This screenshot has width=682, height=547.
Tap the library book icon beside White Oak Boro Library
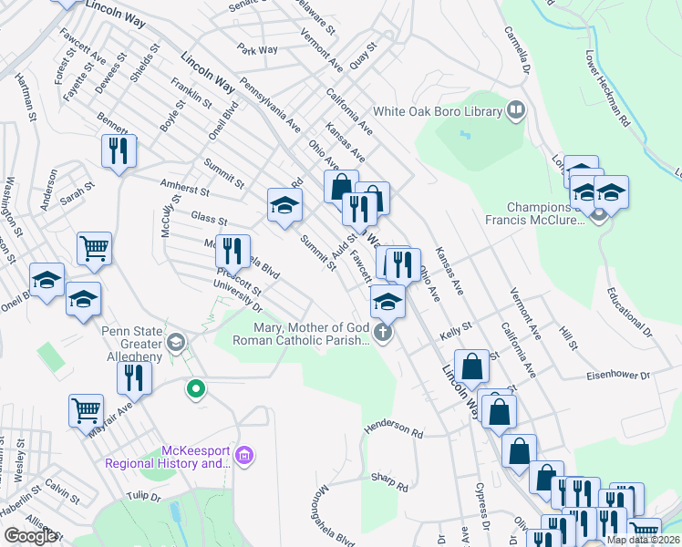click(x=516, y=111)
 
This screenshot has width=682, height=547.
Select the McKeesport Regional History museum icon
click(x=243, y=455)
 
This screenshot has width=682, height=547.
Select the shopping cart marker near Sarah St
click(x=94, y=247)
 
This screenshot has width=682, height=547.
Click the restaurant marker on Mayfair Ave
click(x=134, y=376)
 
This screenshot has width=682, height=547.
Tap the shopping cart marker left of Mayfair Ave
click(x=86, y=409)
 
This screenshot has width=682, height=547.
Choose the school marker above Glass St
click(x=284, y=204)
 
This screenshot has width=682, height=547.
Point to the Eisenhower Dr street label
click(x=618, y=375)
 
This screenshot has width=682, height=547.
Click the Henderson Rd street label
click(x=395, y=428)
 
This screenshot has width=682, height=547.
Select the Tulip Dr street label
click(x=143, y=496)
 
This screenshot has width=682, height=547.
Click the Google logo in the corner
click(x=30, y=536)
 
